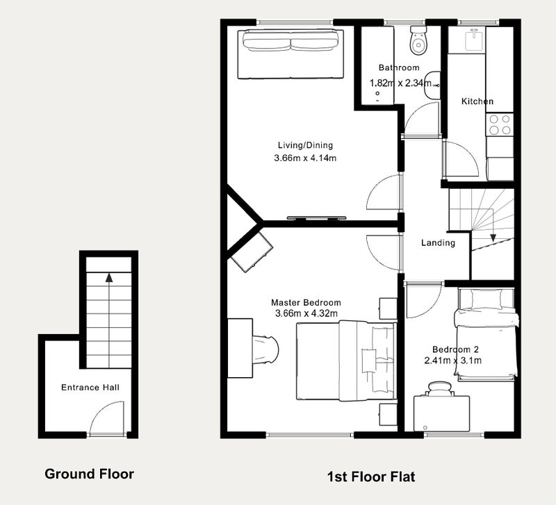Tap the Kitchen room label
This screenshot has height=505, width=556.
[477, 101]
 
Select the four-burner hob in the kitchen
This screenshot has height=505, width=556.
[500, 125]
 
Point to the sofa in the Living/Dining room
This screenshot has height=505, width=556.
[291, 54]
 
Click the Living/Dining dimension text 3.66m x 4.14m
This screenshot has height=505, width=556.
[305, 158]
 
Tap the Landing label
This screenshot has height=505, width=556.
[439, 242]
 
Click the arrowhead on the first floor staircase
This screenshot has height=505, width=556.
[493, 238]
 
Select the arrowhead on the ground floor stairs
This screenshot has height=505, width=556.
[109, 277]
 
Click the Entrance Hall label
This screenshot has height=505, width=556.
[90, 388]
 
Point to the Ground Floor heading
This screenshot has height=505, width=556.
[90, 474]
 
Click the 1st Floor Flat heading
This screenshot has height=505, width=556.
[371, 477]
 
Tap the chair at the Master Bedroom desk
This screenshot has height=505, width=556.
[265, 349]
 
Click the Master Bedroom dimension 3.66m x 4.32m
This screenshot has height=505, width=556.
[306, 313]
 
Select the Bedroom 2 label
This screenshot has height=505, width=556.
[455, 349]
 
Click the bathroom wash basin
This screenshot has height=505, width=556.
[432, 85]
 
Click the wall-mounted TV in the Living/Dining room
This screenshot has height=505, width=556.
[316, 218]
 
